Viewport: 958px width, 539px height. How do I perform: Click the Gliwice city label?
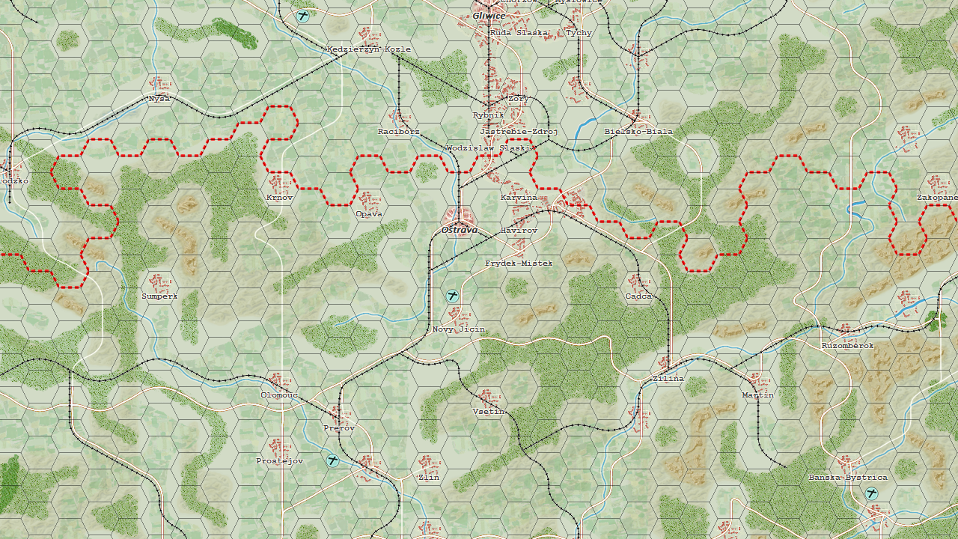pos(489,16)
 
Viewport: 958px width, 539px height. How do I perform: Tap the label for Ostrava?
pos(459,230)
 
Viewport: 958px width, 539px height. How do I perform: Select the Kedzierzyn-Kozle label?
pos(368,49)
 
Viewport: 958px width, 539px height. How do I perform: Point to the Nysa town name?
pos(159,98)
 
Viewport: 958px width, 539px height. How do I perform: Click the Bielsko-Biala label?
pos(638,132)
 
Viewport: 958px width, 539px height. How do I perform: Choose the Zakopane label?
pos(937,198)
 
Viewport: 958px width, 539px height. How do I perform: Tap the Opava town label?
pos(369,214)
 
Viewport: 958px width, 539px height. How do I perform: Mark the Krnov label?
pos(279,198)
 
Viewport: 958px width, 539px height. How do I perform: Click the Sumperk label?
pos(159,296)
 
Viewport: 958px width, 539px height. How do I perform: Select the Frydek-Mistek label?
pos(518,264)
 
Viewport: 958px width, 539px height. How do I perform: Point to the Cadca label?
pos(638,296)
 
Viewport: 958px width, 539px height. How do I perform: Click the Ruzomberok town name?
pos(847,346)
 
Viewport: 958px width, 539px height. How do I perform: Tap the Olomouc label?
pos(279,395)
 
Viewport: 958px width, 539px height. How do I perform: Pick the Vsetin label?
pos(489,412)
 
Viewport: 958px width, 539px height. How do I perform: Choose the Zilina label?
pos(668,379)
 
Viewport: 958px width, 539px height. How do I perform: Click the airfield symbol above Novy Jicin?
pos(452,296)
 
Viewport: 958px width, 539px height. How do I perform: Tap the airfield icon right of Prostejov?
pos(333,460)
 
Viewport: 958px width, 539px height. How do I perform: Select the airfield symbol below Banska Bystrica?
pos(871,493)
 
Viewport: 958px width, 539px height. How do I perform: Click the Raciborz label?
pos(398,132)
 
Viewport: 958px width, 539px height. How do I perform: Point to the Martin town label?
pos(757,395)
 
